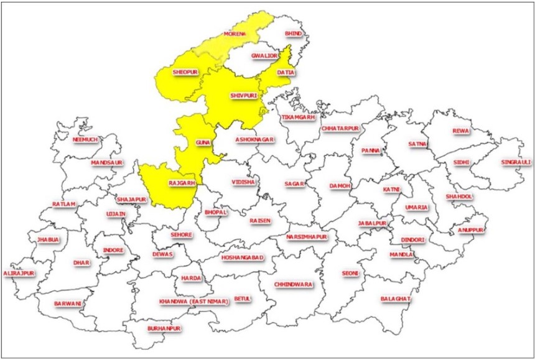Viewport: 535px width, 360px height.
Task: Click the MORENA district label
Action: (234, 33)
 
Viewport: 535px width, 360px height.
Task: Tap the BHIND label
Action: (292, 33)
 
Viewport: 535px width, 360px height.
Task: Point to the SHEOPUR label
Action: (185, 73)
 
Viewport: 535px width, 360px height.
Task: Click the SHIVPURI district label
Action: (243, 96)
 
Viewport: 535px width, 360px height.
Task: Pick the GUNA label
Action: (203, 143)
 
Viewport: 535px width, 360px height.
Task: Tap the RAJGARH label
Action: (182, 183)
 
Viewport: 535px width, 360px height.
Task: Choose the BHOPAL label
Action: (216, 212)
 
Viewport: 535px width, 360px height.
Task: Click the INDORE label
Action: (113, 250)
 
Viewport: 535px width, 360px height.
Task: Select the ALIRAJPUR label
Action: (19, 273)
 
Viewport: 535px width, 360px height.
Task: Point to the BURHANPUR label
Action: (164, 328)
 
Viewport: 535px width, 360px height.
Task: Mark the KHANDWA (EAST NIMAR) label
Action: (194, 302)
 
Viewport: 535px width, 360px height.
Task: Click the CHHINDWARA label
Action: (292, 284)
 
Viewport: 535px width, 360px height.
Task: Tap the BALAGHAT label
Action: (396, 299)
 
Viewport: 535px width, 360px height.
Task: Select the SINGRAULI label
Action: (516, 162)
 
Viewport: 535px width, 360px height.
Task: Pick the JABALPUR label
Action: (373, 223)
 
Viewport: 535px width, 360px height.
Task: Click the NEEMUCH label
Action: (85, 139)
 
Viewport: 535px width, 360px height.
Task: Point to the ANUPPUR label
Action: (471, 230)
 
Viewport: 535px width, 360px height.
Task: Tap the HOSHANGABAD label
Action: (243, 257)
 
